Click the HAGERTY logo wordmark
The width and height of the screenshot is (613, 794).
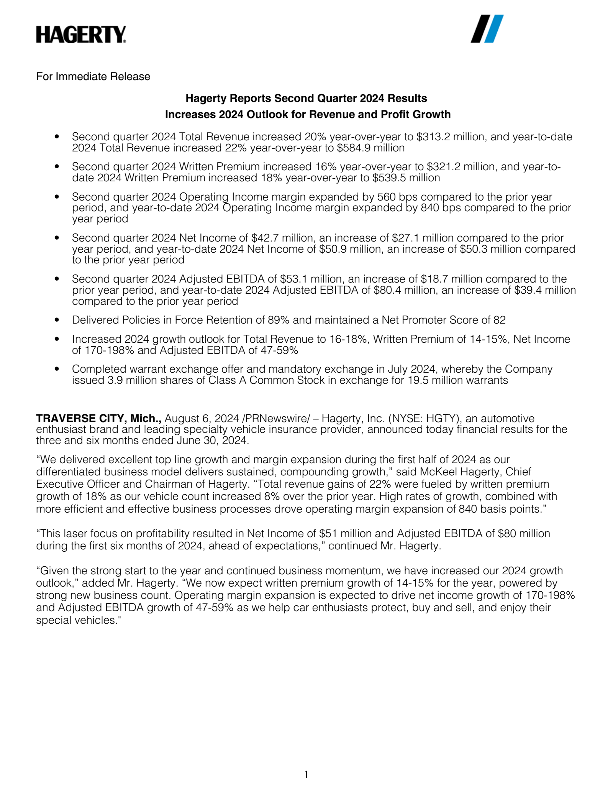(x=81, y=35)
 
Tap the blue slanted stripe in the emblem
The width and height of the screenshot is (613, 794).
(x=494, y=29)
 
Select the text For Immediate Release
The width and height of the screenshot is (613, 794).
(x=93, y=77)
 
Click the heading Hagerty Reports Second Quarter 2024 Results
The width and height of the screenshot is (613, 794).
(x=306, y=99)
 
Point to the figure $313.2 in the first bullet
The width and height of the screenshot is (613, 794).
(x=433, y=137)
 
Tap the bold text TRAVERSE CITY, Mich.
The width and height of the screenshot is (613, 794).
(x=98, y=418)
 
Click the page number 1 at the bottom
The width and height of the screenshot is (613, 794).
(x=306, y=775)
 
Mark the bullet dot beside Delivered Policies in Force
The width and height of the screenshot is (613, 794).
(x=57, y=319)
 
